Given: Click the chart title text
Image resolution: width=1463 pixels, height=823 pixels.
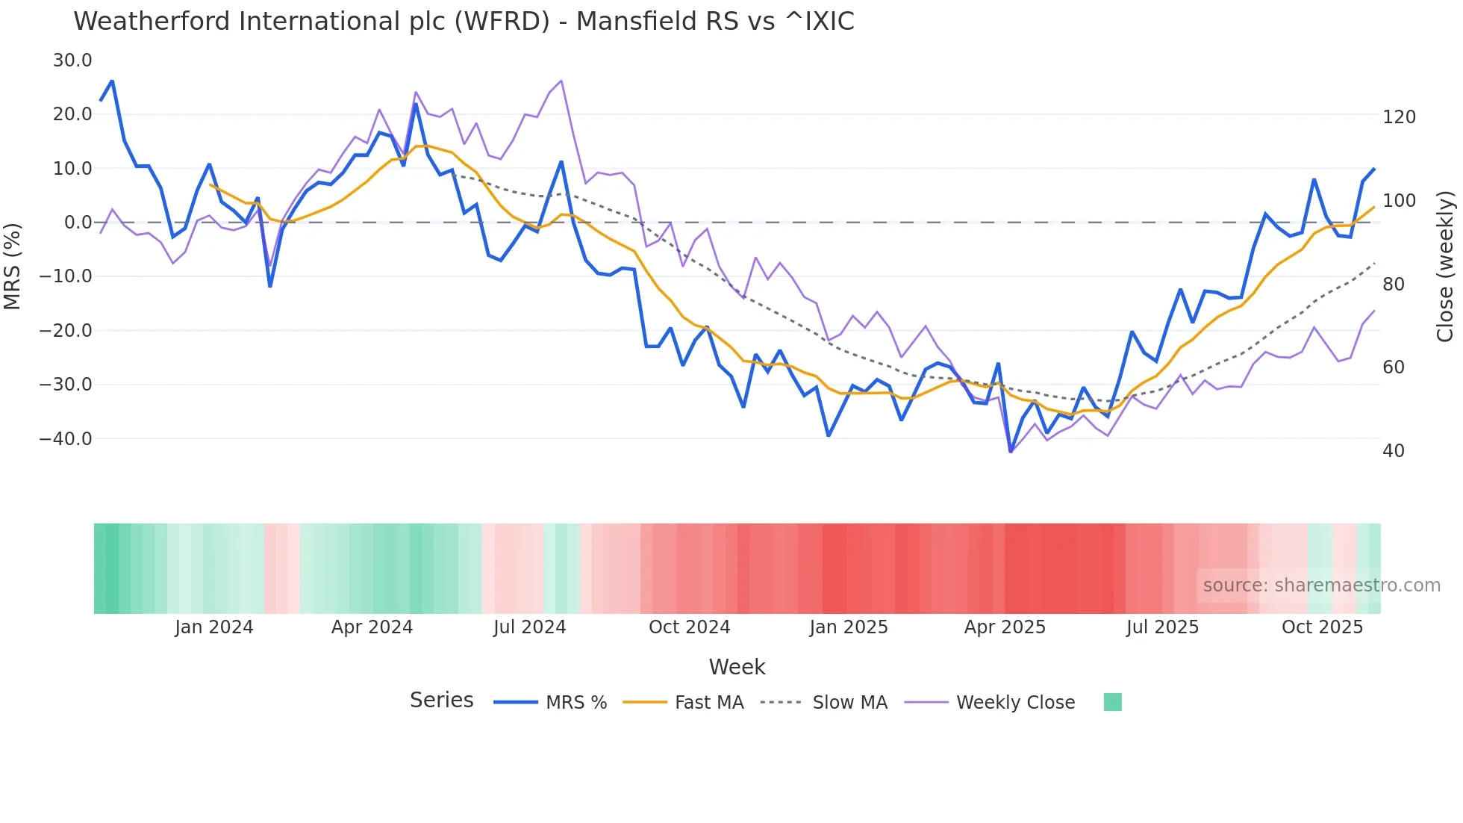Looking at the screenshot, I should tap(464, 22).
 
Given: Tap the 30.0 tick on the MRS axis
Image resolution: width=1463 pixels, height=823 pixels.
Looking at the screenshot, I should tap(72, 60).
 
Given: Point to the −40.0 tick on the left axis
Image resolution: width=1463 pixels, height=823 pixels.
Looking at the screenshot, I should tap(66, 439).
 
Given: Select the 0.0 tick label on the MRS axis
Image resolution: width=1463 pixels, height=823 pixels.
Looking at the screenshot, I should tap(78, 223).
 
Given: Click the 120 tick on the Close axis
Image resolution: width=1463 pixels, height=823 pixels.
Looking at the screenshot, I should tap(1399, 117).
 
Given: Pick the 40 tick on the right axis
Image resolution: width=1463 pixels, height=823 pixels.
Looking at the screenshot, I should tap(1394, 451).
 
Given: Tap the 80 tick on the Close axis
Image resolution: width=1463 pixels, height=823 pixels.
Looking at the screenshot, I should tap(1394, 285).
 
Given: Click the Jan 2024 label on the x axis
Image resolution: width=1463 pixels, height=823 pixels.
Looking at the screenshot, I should tap(214, 627).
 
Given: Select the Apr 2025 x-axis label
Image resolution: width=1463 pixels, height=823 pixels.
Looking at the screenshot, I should tap(1005, 627).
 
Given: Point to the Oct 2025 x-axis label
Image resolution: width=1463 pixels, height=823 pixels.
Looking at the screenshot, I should tap(1322, 627).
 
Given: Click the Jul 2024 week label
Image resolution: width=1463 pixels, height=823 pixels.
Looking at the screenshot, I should tap(529, 627).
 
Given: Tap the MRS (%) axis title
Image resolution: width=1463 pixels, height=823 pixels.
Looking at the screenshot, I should tap(13, 266).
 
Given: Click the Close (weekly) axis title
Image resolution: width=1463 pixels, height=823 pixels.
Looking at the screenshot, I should tap(1446, 267).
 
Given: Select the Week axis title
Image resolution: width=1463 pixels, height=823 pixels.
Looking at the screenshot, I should tap(737, 667).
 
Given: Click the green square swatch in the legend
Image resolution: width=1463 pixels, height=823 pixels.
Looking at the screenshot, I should tap(1112, 702).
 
